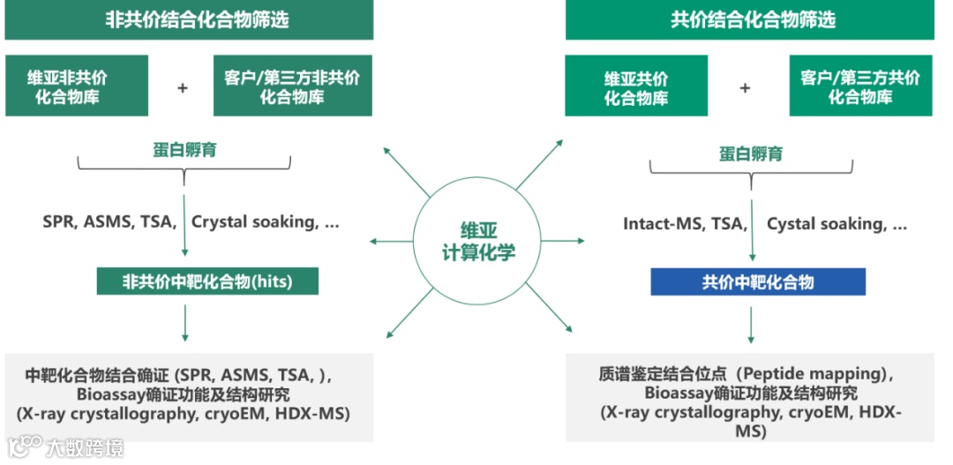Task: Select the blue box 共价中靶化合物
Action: (758, 282)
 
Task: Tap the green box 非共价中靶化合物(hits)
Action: (207, 281)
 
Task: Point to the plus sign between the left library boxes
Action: (183, 88)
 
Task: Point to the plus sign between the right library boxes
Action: (745, 88)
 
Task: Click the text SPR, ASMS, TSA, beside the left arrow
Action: (110, 222)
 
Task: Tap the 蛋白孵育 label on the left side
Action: (184, 150)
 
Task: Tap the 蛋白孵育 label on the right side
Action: (751, 154)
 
